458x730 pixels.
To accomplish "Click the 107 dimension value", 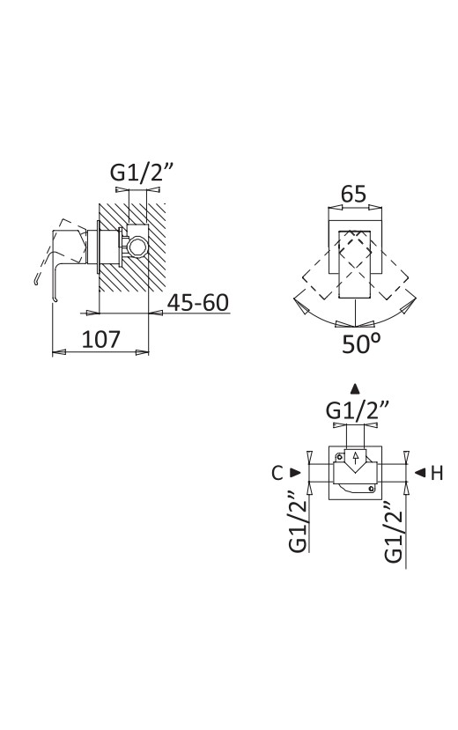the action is pyautogui.click(x=101, y=339).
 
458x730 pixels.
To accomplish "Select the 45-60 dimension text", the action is pyautogui.click(x=198, y=303).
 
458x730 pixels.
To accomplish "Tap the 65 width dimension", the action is pyautogui.click(x=354, y=194).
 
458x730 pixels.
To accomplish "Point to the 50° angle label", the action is pyautogui.click(x=361, y=343).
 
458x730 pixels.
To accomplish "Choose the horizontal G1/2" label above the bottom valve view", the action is pyautogui.click(x=358, y=410).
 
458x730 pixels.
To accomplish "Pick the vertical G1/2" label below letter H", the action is pyautogui.click(x=394, y=532).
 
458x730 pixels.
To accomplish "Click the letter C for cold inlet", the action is pyautogui.click(x=277, y=473).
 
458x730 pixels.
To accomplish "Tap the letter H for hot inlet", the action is pyautogui.click(x=437, y=473).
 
